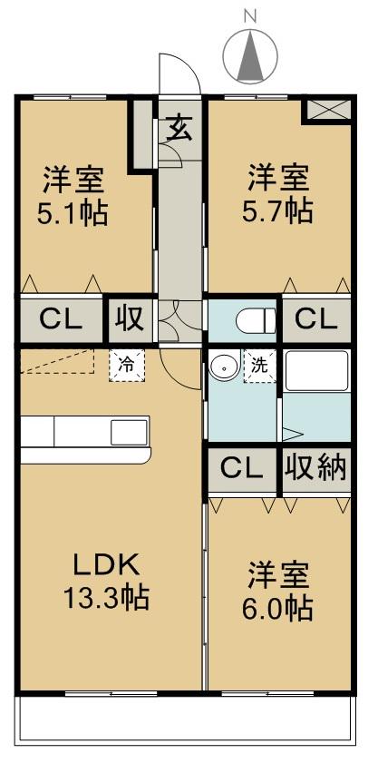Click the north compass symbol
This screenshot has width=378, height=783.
[249, 54]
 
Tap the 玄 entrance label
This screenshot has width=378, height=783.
[179, 127]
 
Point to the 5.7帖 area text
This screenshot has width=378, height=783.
[278, 210]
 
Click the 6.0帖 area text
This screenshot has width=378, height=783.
[278, 606]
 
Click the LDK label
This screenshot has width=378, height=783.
[106, 565]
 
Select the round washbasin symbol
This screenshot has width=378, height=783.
[223, 367]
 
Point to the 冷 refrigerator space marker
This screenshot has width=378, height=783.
[127, 365]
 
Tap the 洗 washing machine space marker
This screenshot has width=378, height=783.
[259, 367]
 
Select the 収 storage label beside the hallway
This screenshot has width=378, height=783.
[127, 319]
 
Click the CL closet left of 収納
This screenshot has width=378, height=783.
[242, 468]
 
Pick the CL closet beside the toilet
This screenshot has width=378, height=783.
[316, 319]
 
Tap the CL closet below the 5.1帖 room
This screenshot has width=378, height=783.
[60, 319]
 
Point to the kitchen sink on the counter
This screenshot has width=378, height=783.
[123, 432]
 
